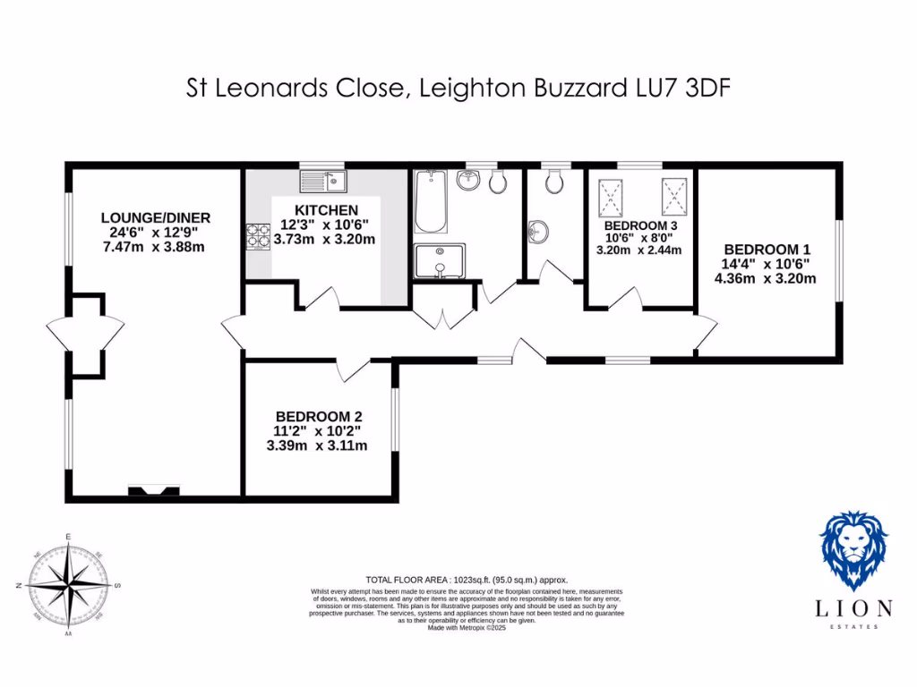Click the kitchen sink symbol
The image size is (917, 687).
pos(323,182)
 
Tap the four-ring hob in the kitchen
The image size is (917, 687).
pos(258,235)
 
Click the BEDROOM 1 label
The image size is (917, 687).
pos(767,249)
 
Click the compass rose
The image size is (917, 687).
pos(68,586)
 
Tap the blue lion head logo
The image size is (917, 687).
pos(853,549)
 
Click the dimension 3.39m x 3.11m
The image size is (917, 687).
pos(317,445)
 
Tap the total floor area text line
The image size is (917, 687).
pos(467,580)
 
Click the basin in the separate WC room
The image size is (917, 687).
pos(538,231)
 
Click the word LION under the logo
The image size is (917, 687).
pos(853,609)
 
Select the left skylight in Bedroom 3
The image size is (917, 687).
pos(613,196)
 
